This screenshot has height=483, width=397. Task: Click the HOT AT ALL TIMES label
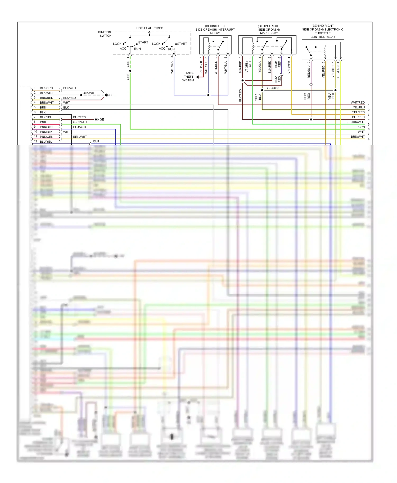(x=150, y=28)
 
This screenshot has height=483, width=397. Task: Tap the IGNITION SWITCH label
(x=105, y=34)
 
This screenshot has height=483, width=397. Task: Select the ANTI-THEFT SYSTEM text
(x=188, y=77)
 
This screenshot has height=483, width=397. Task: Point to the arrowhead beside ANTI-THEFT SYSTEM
(x=197, y=77)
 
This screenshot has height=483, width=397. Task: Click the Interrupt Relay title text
(x=215, y=30)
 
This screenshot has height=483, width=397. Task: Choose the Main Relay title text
(x=269, y=30)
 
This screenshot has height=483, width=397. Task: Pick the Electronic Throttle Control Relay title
(x=323, y=31)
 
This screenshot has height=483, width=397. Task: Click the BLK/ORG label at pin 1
(x=46, y=88)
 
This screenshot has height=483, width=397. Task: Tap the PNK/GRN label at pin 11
(x=47, y=137)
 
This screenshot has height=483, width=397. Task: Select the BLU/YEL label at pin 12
(x=46, y=142)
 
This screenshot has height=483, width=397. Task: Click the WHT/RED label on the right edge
(x=358, y=103)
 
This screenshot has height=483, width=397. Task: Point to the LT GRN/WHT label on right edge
(x=355, y=122)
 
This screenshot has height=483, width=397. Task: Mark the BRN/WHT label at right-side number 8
(x=358, y=137)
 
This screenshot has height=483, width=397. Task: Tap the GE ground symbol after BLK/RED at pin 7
(x=97, y=119)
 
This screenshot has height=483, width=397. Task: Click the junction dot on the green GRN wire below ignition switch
(x=130, y=71)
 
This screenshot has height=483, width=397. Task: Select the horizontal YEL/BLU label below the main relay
(x=272, y=88)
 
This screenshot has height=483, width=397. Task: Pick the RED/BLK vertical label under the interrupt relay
(x=201, y=67)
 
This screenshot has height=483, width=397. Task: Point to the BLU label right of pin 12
(x=96, y=141)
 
